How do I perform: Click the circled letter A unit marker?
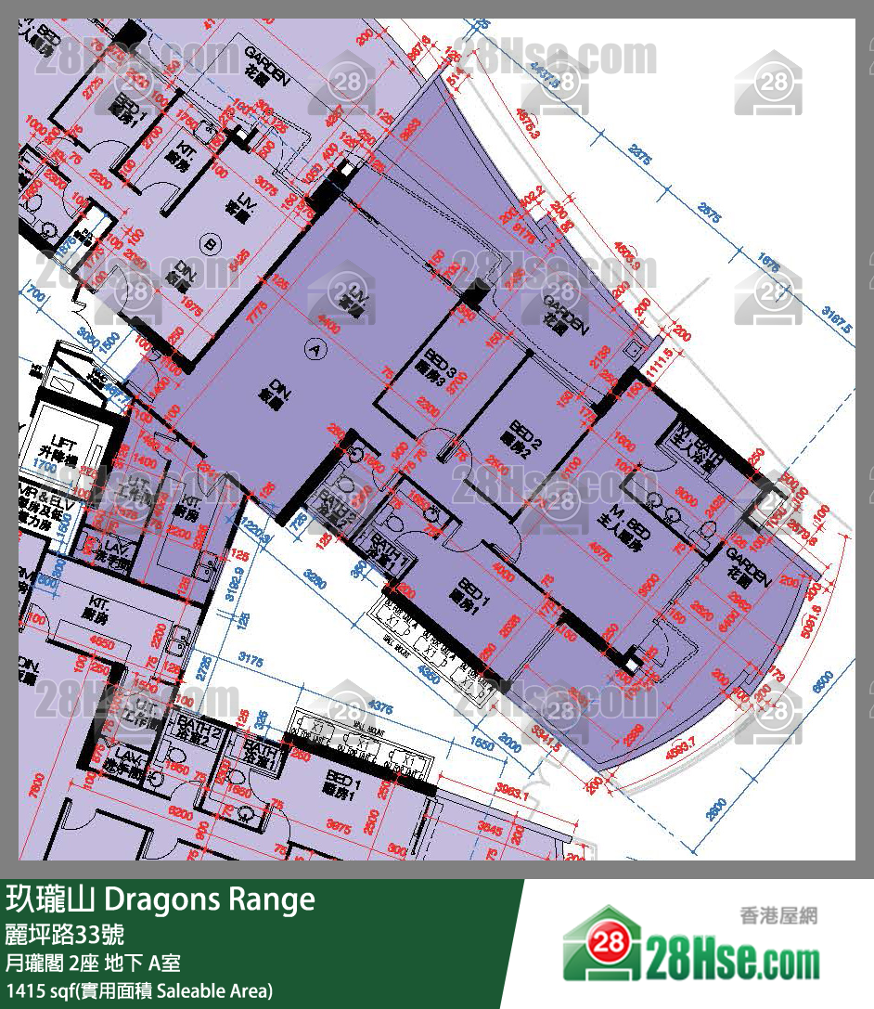[317, 349]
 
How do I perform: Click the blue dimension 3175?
[251, 660]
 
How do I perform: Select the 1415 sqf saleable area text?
[139, 990]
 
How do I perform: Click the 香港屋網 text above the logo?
[778, 915]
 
